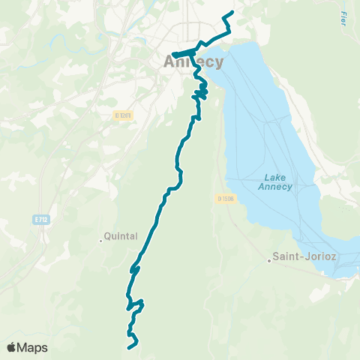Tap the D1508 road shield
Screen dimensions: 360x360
(226, 199)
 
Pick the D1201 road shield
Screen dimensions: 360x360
(123, 115)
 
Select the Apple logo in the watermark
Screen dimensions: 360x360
(12, 347)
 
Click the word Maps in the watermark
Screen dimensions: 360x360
(33, 347)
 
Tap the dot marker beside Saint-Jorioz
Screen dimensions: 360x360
(269, 261)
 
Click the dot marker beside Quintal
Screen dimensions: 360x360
(101, 241)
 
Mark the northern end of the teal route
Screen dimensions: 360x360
(232, 13)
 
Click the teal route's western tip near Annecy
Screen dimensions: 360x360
(173, 54)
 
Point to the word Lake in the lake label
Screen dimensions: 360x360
(274, 178)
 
